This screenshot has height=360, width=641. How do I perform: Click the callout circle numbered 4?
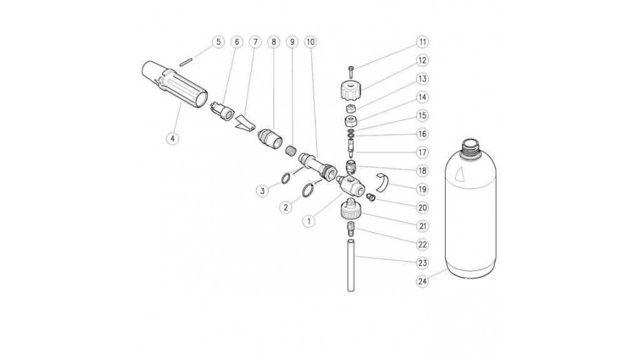pos(173,139)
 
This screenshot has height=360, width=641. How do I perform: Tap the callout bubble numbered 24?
pos(423,282)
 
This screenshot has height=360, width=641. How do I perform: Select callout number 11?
pos(423,42)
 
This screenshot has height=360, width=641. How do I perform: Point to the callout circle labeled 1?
pos(309,221)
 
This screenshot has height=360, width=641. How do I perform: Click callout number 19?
pos(423,189)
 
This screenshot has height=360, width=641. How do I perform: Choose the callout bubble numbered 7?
pos(255,42)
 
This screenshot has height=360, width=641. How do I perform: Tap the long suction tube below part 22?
pos(351,265)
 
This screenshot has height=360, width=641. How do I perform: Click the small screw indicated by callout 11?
pos(351,71)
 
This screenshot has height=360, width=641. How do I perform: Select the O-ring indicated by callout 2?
pos(308,190)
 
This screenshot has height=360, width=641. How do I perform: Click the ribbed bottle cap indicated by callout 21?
pos(351,208)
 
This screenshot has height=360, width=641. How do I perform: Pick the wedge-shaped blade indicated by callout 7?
pos(245,122)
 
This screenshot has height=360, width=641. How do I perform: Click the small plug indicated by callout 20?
pos(371,197)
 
